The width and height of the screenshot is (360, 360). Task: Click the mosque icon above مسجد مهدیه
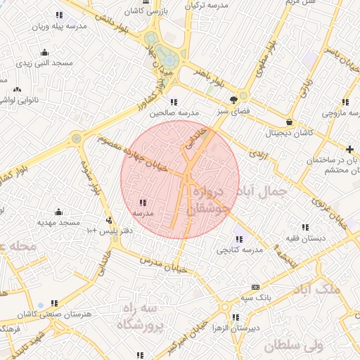[58, 212]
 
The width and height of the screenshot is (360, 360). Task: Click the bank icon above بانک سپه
[255, 287]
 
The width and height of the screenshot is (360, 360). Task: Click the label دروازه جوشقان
[209, 201]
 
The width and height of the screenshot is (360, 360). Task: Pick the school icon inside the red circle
[143, 202]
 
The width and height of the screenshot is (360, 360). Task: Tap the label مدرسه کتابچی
[239, 249]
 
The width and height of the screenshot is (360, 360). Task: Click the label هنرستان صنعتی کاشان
[49, 314]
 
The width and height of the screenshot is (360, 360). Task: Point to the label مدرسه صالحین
[179, 112]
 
